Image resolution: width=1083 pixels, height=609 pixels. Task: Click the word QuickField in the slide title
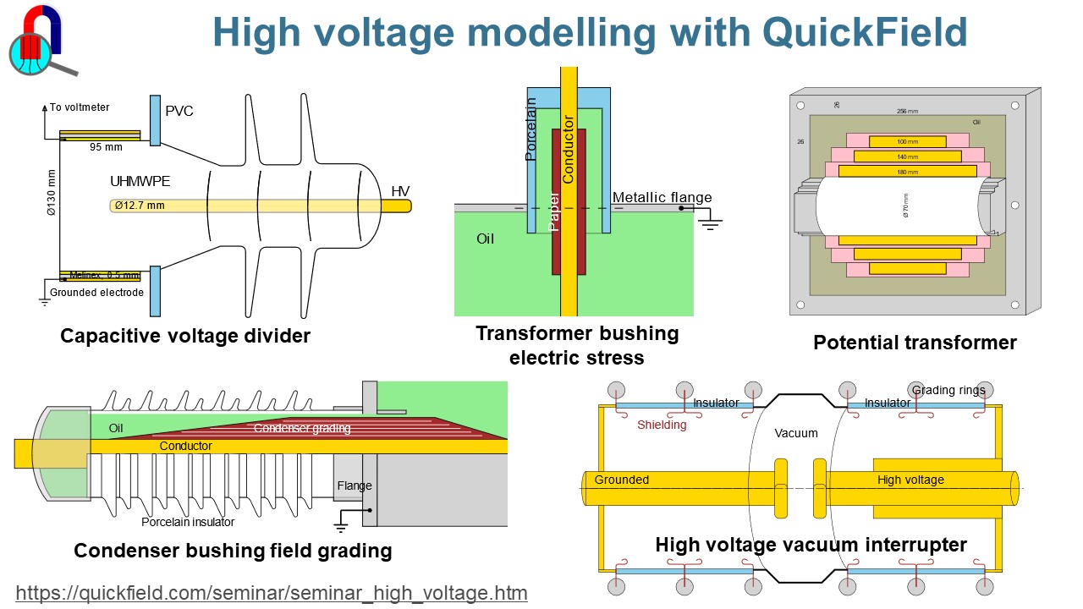[x=864, y=33]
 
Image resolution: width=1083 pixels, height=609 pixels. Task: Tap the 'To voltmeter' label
[x=80, y=107]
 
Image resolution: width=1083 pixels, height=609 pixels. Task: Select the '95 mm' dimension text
[x=106, y=147]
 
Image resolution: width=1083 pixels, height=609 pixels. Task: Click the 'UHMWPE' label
[x=140, y=181]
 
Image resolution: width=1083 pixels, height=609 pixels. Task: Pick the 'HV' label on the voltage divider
[x=400, y=192]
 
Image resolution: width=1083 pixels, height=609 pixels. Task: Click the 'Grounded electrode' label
[x=96, y=293]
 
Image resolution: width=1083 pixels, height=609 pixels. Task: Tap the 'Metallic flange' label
[x=662, y=198]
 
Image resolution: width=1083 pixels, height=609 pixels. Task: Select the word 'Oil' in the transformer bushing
[x=485, y=239]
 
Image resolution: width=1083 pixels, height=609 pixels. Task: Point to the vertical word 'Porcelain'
[x=531, y=129]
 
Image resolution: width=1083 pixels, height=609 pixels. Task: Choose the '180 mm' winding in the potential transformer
[x=906, y=172]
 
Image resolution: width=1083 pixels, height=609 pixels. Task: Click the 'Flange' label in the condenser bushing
[x=355, y=486]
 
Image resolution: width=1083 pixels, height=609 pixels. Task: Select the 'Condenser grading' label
[x=302, y=428]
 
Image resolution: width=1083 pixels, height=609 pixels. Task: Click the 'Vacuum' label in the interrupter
[x=796, y=433]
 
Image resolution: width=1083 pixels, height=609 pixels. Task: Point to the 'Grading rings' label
[x=948, y=390]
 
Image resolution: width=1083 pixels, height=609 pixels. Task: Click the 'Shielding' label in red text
[x=662, y=425]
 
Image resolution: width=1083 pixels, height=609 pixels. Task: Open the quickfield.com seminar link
[x=272, y=593]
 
